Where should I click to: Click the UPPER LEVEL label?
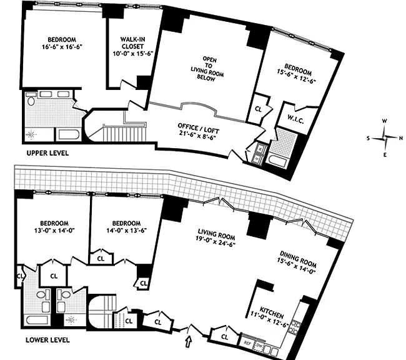[x=47, y=153]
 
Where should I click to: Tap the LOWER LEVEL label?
[x=47, y=340]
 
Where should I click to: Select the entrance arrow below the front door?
[x=188, y=341]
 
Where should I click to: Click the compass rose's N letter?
[x=401, y=138]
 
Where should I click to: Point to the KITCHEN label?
[x=272, y=312]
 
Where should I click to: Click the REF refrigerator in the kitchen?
[x=247, y=343]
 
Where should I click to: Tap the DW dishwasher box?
[x=259, y=346]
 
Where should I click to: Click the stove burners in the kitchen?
[x=294, y=327]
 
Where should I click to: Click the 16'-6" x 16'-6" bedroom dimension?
[x=62, y=47]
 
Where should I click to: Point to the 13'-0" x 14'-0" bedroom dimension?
[x=54, y=230]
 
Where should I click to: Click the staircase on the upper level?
[x=125, y=132]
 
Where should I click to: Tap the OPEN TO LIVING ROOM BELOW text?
[x=207, y=69]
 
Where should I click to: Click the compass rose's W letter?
[x=385, y=121]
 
